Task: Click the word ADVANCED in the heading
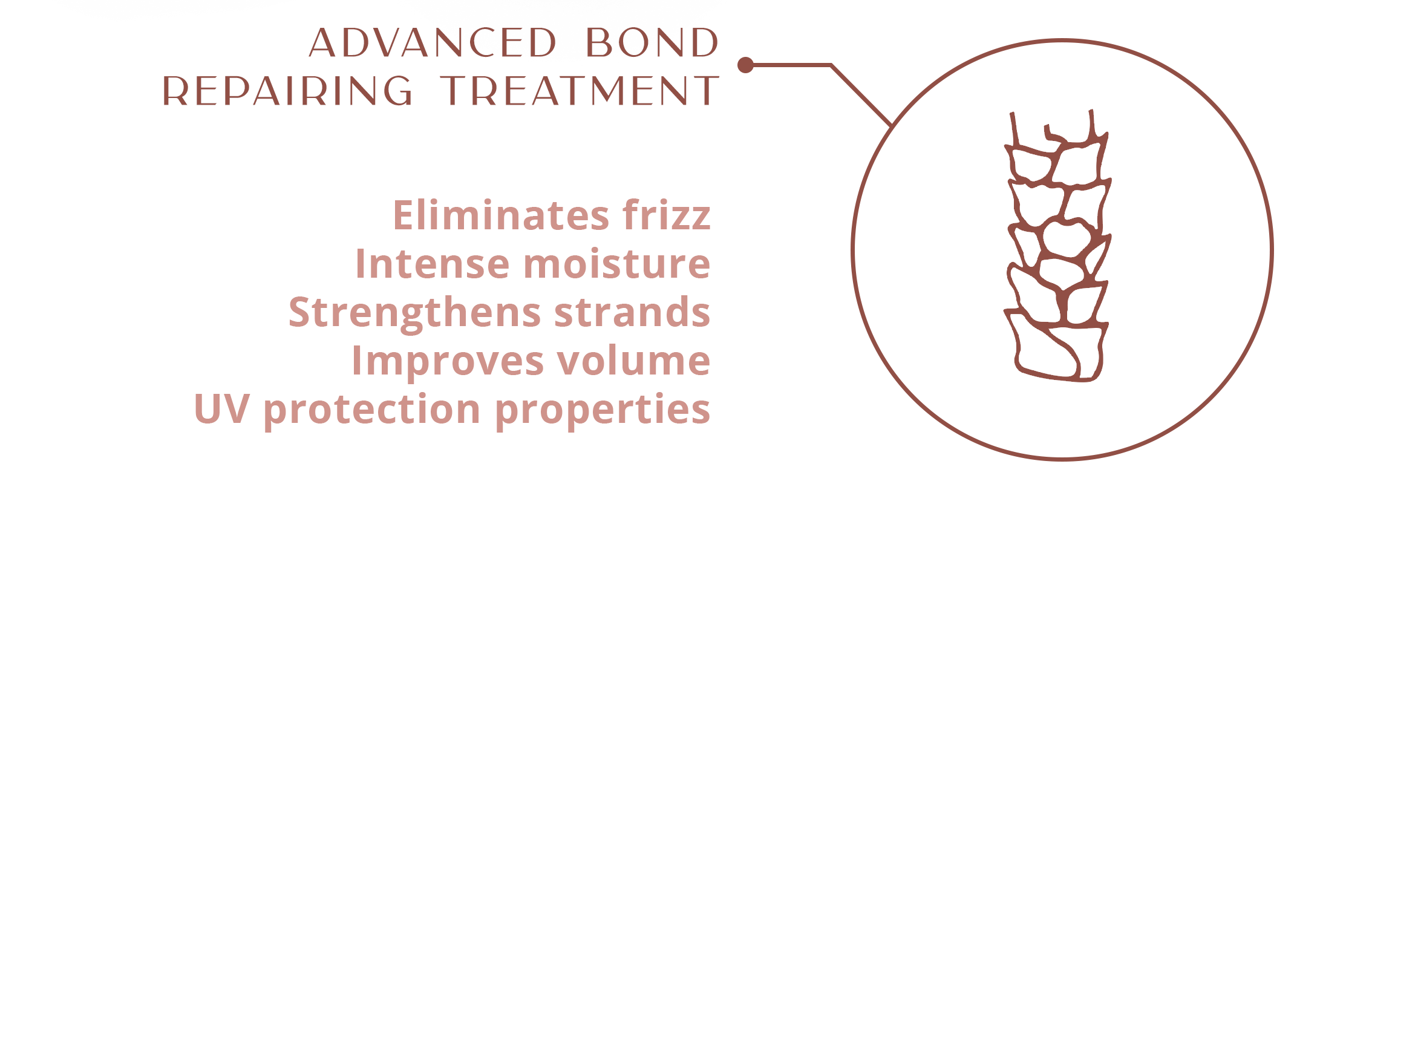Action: (x=433, y=42)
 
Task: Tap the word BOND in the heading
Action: (x=652, y=42)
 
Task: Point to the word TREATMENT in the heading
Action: (x=580, y=90)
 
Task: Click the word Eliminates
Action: (x=501, y=215)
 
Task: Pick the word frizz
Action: (x=667, y=215)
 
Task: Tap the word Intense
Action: (x=433, y=263)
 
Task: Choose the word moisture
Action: (x=617, y=263)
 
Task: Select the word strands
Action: (x=632, y=312)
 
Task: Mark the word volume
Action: (x=634, y=361)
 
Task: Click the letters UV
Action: (x=222, y=409)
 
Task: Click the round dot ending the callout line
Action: (x=745, y=65)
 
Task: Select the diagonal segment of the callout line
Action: (x=861, y=96)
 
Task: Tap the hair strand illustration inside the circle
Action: (x=1057, y=246)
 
